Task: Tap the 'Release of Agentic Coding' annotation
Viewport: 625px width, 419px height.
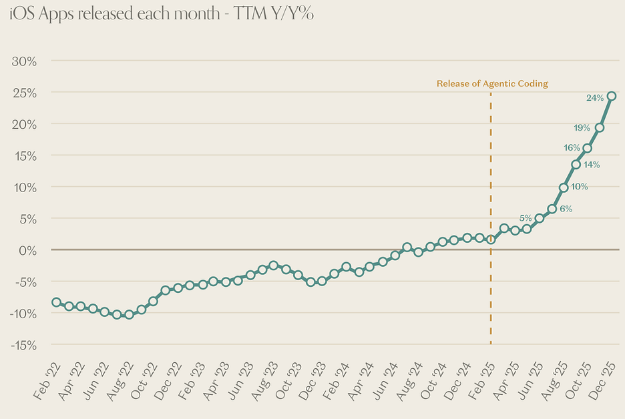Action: pyautogui.click(x=492, y=83)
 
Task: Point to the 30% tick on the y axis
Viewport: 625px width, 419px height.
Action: pyautogui.click(x=24, y=61)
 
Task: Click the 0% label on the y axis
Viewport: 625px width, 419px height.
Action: pyautogui.click(x=27, y=250)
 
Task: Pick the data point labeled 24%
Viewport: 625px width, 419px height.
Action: pyautogui.click(x=611, y=96)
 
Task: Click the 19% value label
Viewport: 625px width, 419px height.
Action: pyautogui.click(x=582, y=127)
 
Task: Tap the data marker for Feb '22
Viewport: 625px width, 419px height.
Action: pyautogui.click(x=57, y=302)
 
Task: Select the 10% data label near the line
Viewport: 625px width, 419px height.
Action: pyautogui.click(x=579, y=187)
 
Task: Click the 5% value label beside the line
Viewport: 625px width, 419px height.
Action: pyautogui.click(x=526, y=218)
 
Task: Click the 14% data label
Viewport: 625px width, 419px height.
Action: pyautogui.click(x=592, y=164)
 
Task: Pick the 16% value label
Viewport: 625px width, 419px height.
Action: pyautogui.click(x=572, y=147)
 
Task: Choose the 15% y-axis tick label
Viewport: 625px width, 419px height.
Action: pyautogui.click(x=24, y=155)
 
